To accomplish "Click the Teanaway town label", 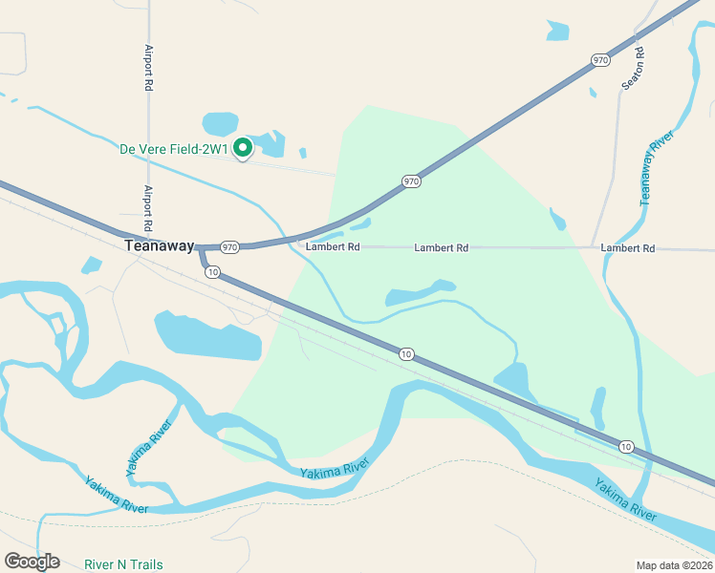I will pyautogui.click(x=160, y=246).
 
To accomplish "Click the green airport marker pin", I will pyautogui.click(x=243, y=148).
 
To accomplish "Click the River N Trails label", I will pyautogui.click(x=123, y=564).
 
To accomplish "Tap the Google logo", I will pyautogui.click(x=32, y=562).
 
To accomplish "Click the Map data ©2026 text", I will pyautogui.click(x=675, y=564).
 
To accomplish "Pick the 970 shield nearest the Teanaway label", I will pyautogui.click(x=229, y=247).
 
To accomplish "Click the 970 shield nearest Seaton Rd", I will pyautogui.click(x=600, y=59).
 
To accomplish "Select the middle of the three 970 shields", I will pyautogui.click(x=411, y=180).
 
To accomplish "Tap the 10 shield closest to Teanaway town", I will pyautogui.click(x=213, y=272).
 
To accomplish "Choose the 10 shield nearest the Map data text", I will pyautogui.click(x=625, y=446).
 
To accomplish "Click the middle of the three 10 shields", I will pyautogui.click(x=406, y=354).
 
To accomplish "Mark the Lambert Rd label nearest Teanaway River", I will pyautogui.click(x=628, y=248).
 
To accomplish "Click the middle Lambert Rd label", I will pyautogui.click(x=441, y=248).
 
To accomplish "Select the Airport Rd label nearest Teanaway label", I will pyautogui.click(x=148, y=208).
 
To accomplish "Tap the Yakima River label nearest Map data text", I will pyautogui.click(x=626, y=503).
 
